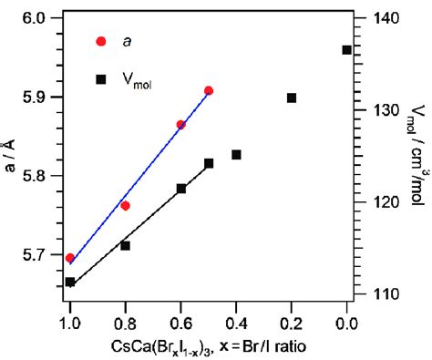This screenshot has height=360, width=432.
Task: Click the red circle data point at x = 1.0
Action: (x=70, y=258)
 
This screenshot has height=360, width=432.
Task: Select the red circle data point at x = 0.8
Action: (x=125, y=205)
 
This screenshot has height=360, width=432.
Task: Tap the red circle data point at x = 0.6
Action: (x=180, y=124)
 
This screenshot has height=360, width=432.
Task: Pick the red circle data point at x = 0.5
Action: (x=209, y=91)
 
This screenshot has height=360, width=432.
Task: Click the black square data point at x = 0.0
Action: (x=347, y=50)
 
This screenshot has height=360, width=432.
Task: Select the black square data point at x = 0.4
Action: (x=236, y=155)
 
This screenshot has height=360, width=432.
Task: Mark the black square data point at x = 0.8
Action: (x=125, y=245)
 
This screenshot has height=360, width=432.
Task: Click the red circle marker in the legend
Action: (x=101, y=41)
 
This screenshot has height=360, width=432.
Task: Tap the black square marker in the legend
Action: (x=101, y=79)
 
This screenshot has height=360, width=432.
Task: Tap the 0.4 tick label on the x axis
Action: (x=236, y=320)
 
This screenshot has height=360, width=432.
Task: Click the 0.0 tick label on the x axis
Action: (x=347, y=320)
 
